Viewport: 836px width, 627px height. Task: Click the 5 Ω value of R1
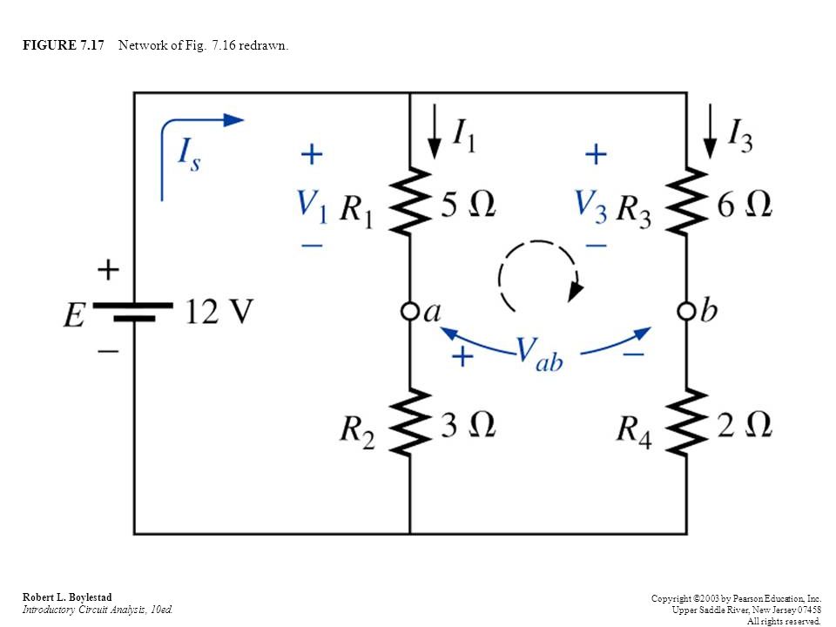pyautogui.click(x=469, y=204)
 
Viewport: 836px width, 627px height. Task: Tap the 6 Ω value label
pyautogui.click(x=745, y=204)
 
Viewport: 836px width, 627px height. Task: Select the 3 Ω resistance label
pyautogui.click(x=469, y=425)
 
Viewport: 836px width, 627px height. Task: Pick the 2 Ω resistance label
pyautogui.click(x=745, y=425)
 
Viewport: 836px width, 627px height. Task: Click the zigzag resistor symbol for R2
pyautogui.click(x=410, y=422)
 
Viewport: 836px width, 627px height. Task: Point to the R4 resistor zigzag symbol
pyautogui.click(x=687, y=422)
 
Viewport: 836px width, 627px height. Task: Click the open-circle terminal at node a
pyautogui.click(x=409, y=310)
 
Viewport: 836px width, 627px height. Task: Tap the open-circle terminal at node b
pyautogui.click(x=686, y=310)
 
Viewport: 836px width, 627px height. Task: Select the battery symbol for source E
pyautogui.click(x=133, y=312)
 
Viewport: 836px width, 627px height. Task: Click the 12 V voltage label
pyautogui.click(x=219, y=312)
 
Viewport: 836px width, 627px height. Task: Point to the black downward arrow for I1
pyautogui.click(x=435, y=131)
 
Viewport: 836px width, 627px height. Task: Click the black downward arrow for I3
pyautogui.click(x=710, y=131)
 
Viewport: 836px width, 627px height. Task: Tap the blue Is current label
pyautogui.click(x=189, y=154)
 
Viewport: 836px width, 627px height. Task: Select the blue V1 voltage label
pyautogui.click(x=312, y=206)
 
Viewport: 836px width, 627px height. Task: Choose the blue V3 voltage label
pyautogui.click(x=590, y=206)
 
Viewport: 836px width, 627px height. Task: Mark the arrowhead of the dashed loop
pyautogui.click(x=576, y=291)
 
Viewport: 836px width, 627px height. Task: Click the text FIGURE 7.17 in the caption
pyautogui.click(x=64, y=45)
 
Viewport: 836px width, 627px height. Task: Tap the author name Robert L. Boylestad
pyautogui.click(x=67, y=597)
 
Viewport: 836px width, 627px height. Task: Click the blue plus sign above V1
pyautogui.click(x=312, y=155)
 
